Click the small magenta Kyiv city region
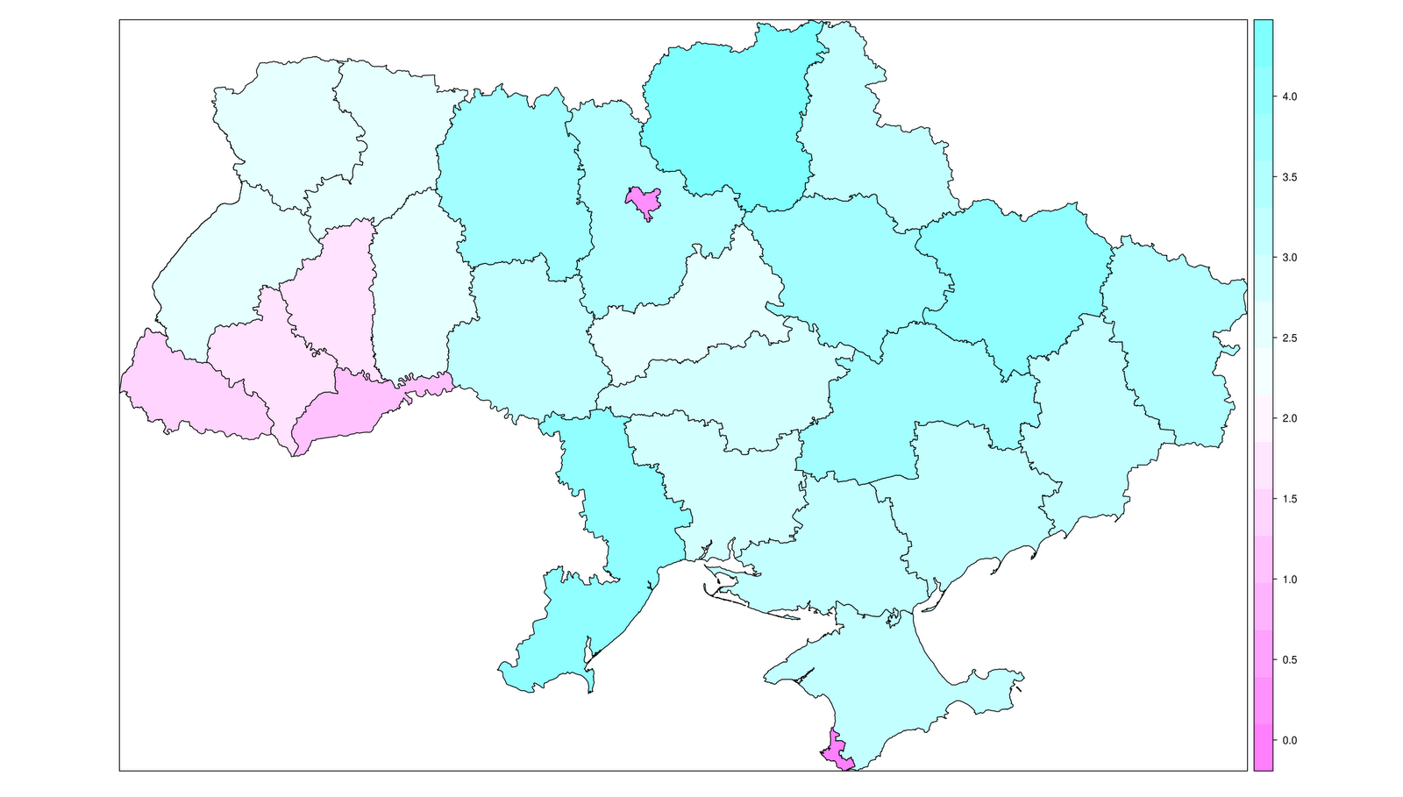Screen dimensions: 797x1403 pyautogui.click(x=643, y=202)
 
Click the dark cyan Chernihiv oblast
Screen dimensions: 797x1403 pyautogui.click(x=728, y=114)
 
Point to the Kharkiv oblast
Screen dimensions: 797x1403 pyautogui.click(x=1017, y=281)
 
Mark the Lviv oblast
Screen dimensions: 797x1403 pyautogui.click(x=228, y=272)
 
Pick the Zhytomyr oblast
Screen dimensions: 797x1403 pyautogui.click(x=509, y=175)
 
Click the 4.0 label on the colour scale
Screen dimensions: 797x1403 pyautogui.click(x=1289, y=96)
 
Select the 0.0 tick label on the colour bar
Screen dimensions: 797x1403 pyautogui.click(x=1289, y=741)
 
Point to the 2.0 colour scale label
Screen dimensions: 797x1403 pyautogui.click(x=1289, y=418)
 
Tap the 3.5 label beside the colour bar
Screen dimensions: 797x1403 pyautogui.click(x=1289, y=177)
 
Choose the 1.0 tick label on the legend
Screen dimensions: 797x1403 pyautogui.click(x=1289, y=580)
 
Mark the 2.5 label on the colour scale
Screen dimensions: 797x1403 pyautogui.click(x=1289, y=338)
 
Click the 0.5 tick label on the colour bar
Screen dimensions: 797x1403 pyautogui.click(x=1289, y=660)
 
